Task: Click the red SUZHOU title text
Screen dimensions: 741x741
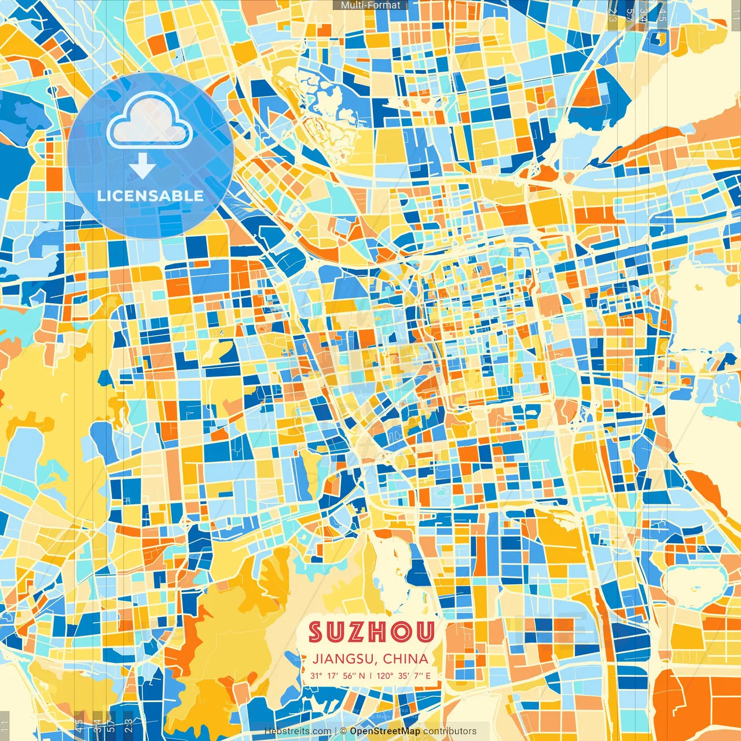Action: (371, 632)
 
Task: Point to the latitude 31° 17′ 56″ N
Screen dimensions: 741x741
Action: (338, 676)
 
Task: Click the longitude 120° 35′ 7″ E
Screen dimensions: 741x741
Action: (403, 676)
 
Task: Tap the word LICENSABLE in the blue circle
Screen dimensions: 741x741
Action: (151, 196)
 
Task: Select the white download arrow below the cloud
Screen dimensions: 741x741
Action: (142, 166)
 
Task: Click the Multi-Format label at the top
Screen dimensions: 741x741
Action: (370, 5)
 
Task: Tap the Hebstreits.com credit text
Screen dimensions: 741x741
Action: (298, 731)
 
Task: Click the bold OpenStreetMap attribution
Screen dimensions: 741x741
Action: (385, 731)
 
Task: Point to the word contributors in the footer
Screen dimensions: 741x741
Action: (450, 731)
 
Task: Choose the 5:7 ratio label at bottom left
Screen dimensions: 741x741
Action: (111, 725)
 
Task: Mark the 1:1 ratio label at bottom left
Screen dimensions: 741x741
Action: (5, 725)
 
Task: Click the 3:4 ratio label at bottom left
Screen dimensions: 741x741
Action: (97, 725)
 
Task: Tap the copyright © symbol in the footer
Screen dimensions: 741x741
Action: (343, 731)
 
